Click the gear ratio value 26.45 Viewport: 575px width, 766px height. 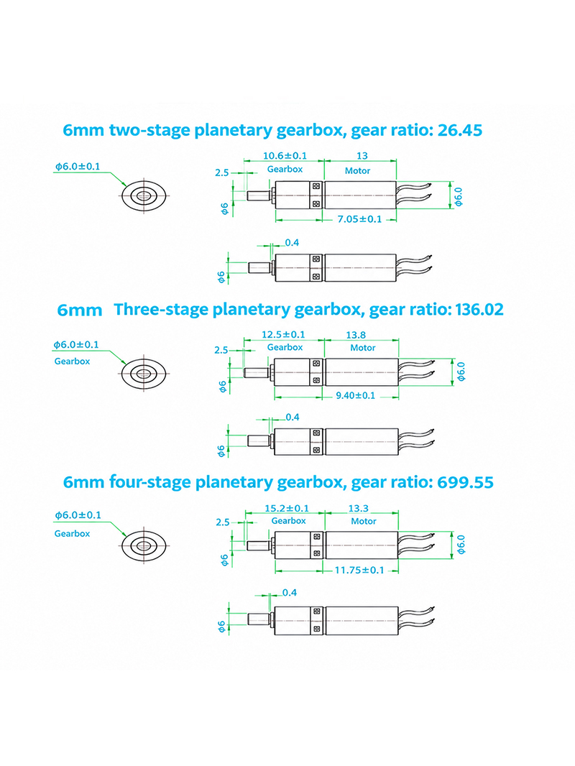460,131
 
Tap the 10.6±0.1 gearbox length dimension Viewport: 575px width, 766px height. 285,156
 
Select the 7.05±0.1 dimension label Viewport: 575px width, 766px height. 359,219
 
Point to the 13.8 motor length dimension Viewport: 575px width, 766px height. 356,335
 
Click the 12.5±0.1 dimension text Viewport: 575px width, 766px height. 283,335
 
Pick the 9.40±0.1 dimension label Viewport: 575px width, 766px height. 356,395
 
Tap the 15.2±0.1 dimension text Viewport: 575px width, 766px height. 287,509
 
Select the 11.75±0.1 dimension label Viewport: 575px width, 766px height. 359,570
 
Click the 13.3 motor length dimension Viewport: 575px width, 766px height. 358,509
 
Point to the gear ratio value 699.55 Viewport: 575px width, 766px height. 465,483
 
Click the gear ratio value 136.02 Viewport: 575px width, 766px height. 479,310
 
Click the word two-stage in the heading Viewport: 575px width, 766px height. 149,131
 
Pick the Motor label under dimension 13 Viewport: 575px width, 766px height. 358,171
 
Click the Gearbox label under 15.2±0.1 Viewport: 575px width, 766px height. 289,521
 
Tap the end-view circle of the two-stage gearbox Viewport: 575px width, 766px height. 144,196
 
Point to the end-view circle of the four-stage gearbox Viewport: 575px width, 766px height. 144,545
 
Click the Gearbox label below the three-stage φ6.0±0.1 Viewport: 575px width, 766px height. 73,361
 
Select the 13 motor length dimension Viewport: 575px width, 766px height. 362,156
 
